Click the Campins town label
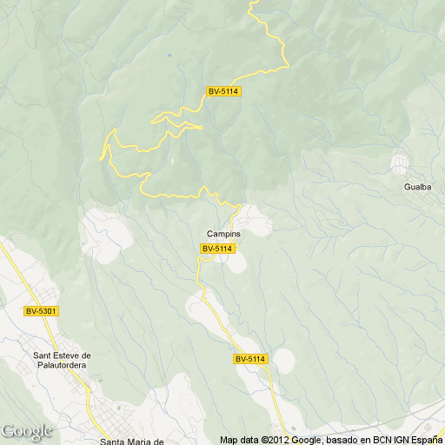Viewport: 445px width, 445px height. pyautogui.click(x=223, y=235)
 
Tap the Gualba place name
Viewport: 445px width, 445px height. pyautogui.click(x=416, y=187)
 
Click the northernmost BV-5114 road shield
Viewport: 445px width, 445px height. pyautogui.click(x=223, y=91)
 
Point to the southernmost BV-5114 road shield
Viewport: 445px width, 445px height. pyautogui.click(x=250, y=359)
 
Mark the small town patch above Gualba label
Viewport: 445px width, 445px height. pyautogui.click(x=400, y=163)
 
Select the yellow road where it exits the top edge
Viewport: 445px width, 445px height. pyautogui.click(x=252, y=3)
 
